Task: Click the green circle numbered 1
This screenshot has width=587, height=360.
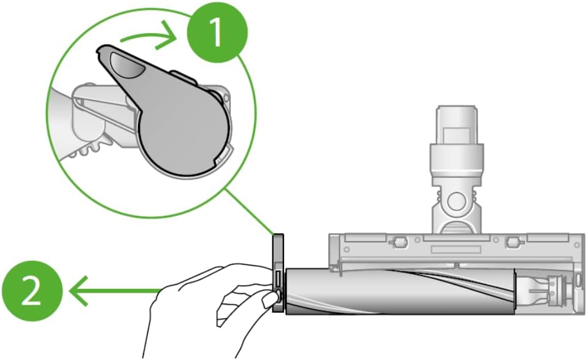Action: (217, 32)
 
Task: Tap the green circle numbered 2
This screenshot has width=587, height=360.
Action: (32, 291)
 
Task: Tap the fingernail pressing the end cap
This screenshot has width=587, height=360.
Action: (270, 300)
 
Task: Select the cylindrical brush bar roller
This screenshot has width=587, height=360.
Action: (401, 291)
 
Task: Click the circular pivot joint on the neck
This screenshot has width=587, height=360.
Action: (456, 201)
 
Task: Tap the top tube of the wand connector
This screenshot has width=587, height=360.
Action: (457, 124)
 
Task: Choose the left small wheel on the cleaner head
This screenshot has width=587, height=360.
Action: (398, 242)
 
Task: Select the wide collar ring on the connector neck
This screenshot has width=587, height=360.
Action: (457, 159)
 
